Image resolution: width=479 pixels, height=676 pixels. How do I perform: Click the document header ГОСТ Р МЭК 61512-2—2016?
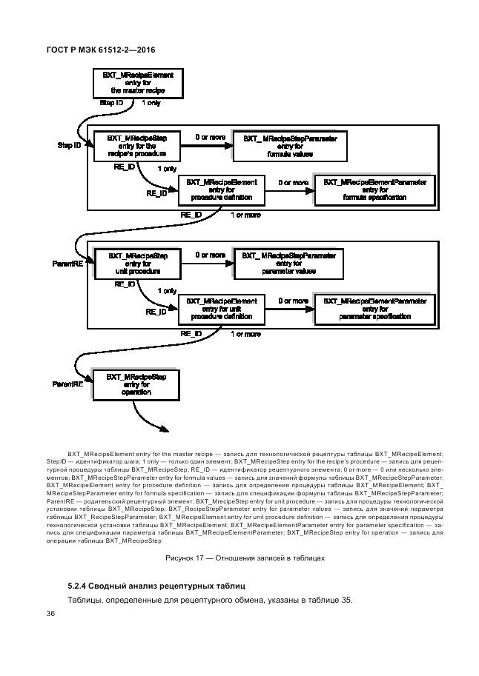pyautogui.click(x=100, y=50)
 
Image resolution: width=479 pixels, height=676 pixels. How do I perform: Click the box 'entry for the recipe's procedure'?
pyautogui.click(x=136, y=146)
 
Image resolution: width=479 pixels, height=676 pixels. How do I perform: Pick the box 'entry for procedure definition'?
pyautogui.click(x=221, y=190)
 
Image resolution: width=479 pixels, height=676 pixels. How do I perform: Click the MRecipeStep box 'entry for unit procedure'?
pyautogui.click(x=137, y=264)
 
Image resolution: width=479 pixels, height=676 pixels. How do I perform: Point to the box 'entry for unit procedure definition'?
pyautogui.click(x=221, y=309)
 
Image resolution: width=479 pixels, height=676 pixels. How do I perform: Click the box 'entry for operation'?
pyautogui.click(x=136, y=385)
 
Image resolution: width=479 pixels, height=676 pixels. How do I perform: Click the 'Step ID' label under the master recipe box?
pyautogui.click(x=111, y=103)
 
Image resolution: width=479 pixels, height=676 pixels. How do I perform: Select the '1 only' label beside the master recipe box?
pyautogui.click(x=151, y=103)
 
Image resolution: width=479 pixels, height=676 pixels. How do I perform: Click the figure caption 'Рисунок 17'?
pyautogui.click(x=244, y=558)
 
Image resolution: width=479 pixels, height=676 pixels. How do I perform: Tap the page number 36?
pyautogui.click(x=51, y=614)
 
